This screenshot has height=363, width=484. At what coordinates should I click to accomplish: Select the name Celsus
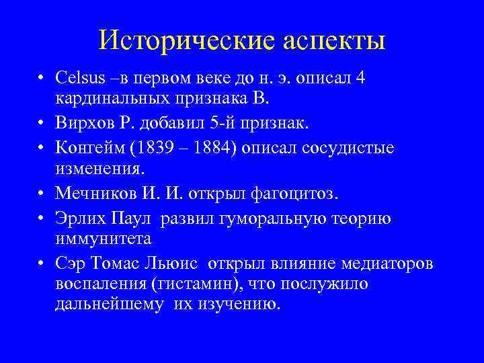pyautogui.click(x=79, y=78)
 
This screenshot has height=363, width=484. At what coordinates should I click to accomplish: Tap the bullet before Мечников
pyautogui.click(x=42, y=194)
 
